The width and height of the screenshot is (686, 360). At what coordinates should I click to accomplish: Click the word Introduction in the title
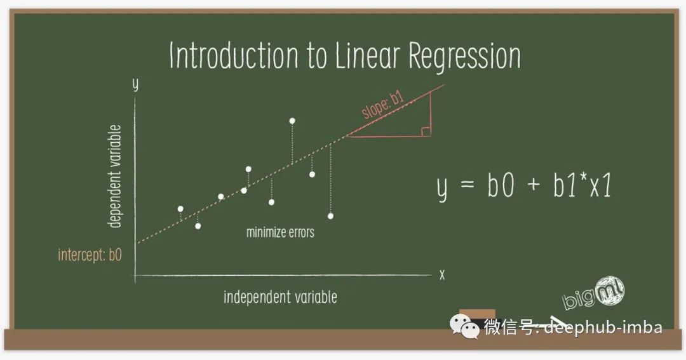234,55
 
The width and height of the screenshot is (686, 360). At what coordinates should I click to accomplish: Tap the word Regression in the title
464,57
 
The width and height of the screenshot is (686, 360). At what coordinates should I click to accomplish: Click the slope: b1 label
383,105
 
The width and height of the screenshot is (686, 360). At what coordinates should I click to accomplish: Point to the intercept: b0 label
90,255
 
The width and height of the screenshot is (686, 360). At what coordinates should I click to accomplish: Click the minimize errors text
280,232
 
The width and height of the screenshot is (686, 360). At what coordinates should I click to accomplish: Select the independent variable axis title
280,297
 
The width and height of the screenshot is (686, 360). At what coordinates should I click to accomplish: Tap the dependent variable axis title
114,177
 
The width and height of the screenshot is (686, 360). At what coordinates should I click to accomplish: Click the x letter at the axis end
442,275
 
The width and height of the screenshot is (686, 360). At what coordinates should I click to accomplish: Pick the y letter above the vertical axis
135,84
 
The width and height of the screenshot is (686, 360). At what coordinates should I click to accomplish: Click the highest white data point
292,121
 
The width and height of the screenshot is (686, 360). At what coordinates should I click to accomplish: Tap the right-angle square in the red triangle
426,131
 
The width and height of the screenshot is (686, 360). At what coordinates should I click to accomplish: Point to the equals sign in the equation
467,183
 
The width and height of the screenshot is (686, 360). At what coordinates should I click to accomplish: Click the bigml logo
594,293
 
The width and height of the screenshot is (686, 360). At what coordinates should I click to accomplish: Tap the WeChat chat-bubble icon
464,327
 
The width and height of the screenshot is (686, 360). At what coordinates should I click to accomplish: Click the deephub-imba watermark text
603,327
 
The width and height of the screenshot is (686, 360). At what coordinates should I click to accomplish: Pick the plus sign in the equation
534,184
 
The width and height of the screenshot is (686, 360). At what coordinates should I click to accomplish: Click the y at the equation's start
443,188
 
